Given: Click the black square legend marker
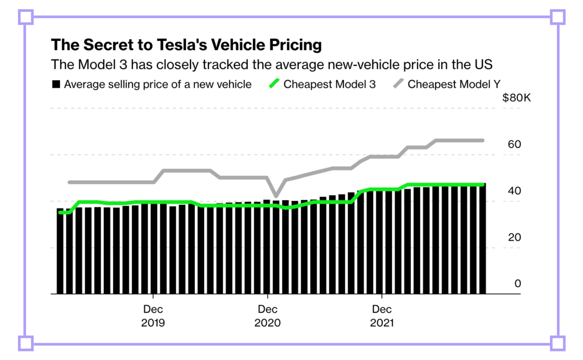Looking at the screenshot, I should [56, 84].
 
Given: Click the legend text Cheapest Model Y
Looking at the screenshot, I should [454, 84].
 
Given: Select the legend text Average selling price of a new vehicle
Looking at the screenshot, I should [157, 84].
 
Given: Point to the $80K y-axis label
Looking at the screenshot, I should [516, 98].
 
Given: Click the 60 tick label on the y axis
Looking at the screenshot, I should [514, 144].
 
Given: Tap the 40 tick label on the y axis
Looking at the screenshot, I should [514, 191].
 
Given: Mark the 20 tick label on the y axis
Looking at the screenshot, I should [514, 237].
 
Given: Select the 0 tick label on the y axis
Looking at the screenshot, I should [518, 284].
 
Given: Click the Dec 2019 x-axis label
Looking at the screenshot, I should [153, 316].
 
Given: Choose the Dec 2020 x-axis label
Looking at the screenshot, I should [268, 316].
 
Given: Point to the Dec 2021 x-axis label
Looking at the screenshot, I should [382, 316].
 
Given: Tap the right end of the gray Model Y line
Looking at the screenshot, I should [483, 140].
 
